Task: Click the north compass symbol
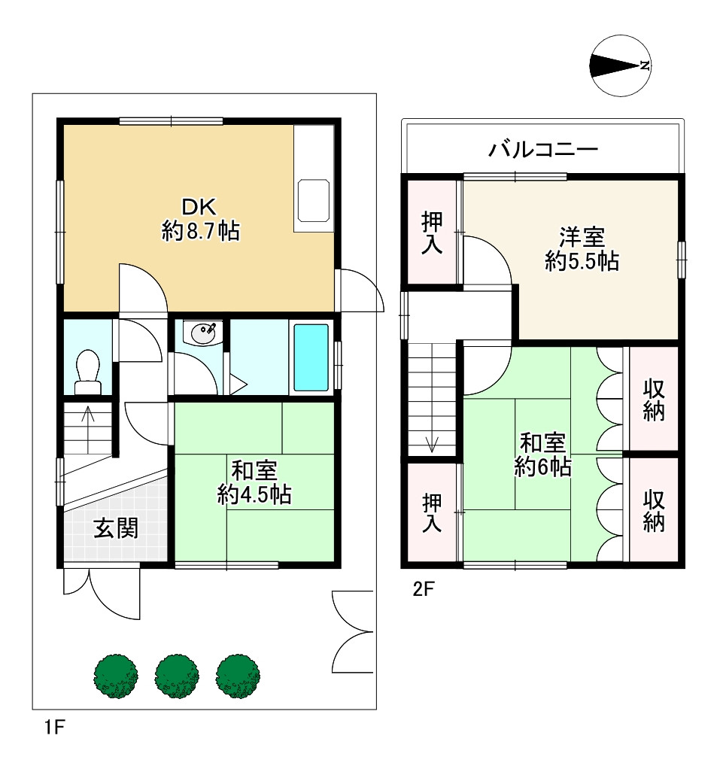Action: [x=621, y=66]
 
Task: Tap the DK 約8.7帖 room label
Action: [x=200, y=219]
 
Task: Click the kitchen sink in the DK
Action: [x=314, y=201]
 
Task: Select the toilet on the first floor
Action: [x=88, y=369]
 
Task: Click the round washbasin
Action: [x=202, y=333]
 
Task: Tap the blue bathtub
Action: [x=310, y=357]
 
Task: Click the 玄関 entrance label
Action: [x=115, y=528]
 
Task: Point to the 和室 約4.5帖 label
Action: [x=254, y=482]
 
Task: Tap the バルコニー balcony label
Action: [x=543, y=149]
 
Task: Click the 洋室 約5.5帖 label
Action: [x=582, y=249]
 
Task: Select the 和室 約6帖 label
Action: [x=542, y=454]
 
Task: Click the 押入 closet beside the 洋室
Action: [x=432, y=233]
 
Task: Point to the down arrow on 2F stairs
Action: [x=433, y=442]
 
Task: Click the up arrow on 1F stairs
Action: [x=88, y=415]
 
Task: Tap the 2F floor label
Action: [x=424, y=589]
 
